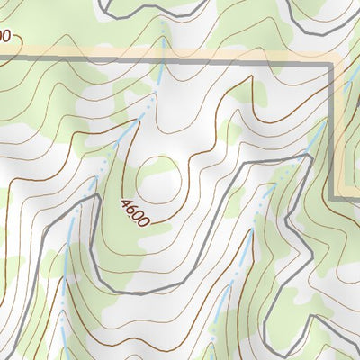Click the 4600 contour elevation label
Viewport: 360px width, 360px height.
click(x=133, y=211)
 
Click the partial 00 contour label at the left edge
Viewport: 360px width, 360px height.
click(x=4, y=37)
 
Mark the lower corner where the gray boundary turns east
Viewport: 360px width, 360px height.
click(x=335, y=196)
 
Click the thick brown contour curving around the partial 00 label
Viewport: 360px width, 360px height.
click(x=22, y=27)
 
